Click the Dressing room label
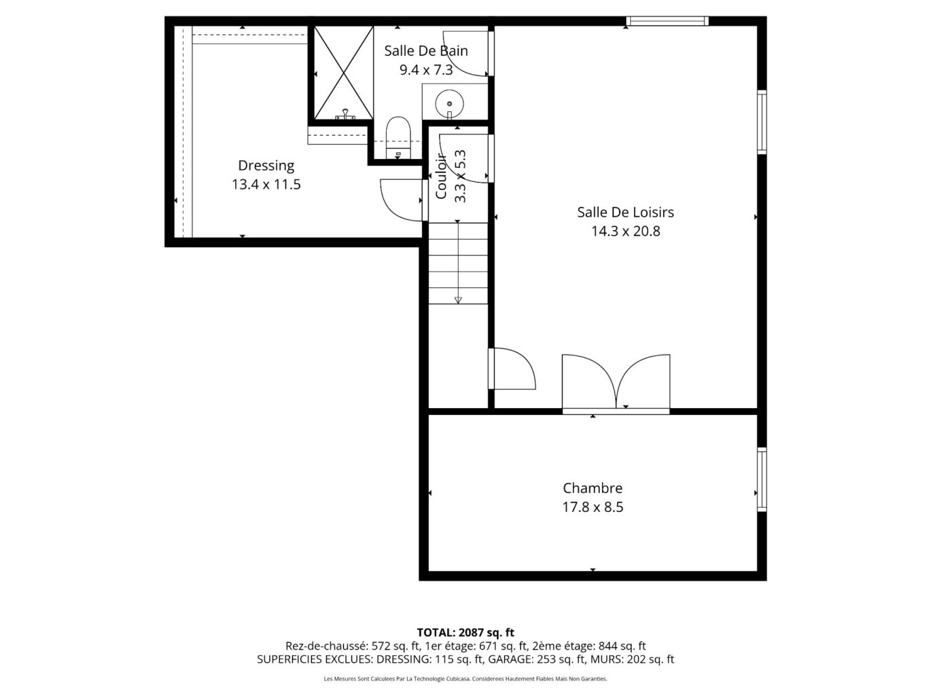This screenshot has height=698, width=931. [x=266, y=165]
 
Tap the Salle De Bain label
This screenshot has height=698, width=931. [x=425, y=50]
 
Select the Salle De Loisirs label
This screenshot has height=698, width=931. [x=625, y=212]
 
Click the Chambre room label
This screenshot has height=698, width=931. [x=592, y=488]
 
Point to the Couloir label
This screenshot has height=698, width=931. [x=441, y=177]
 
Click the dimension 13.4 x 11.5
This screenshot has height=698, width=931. [x=266, y=184]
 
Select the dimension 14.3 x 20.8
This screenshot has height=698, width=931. [x=625, y=231]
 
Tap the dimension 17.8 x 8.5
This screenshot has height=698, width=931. [x=592, y=507]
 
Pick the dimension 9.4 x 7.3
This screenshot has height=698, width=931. [x=425, y=69]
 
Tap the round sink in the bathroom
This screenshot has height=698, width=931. [x=449, y=103]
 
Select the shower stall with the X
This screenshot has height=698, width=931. [x=342, y=72]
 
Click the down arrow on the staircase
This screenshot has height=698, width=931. [x=458, y=299]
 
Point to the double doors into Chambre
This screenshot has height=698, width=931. [x=616, y=384]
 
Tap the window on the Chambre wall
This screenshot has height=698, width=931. [x=762, y=479]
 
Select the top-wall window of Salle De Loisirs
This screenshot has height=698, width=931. [x=667, y=21]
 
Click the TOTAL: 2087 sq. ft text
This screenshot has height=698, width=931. [x=465, y=633]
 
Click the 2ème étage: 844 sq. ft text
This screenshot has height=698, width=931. [x=589, y=646]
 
